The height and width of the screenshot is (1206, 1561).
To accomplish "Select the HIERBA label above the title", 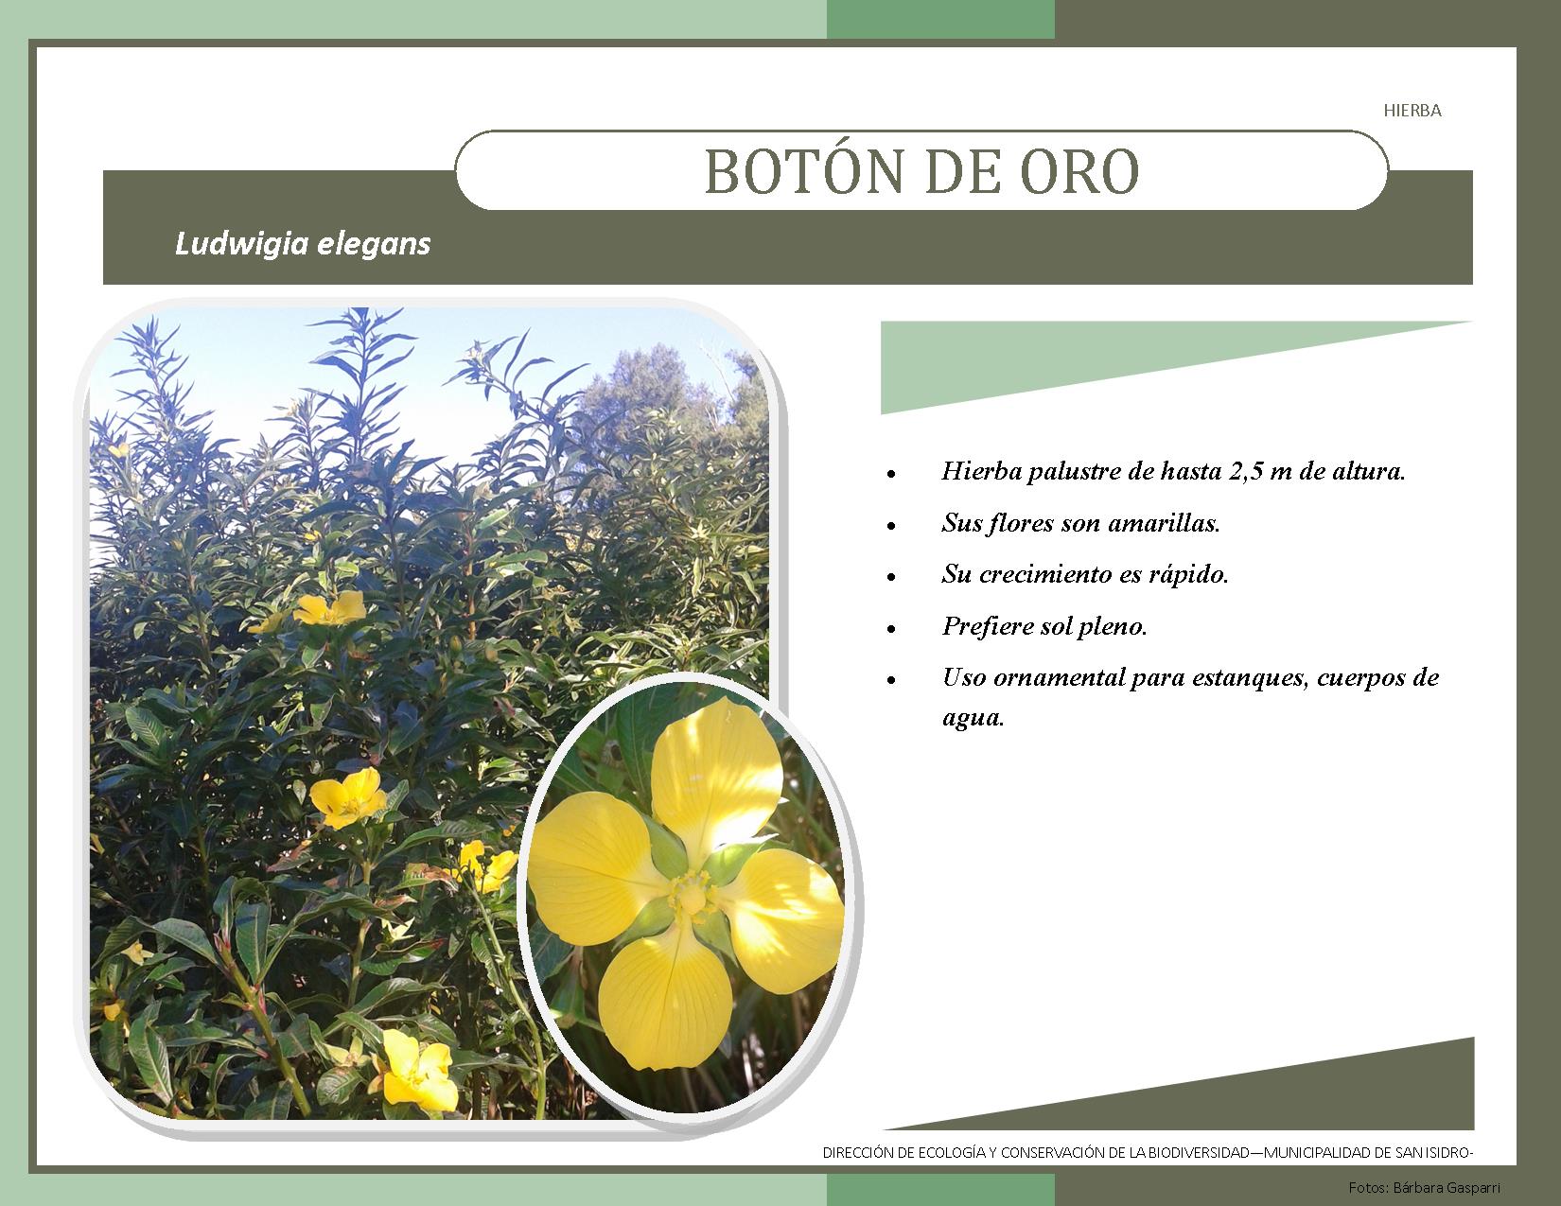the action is click(1412, 111).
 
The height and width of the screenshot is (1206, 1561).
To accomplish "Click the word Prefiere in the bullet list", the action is click(989, 626).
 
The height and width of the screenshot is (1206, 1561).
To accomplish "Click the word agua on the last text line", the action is click(973, 718).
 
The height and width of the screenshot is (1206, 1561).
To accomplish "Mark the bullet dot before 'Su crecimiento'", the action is click(891, 577).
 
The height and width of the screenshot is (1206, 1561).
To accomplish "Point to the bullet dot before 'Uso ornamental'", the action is click(891, 680).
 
